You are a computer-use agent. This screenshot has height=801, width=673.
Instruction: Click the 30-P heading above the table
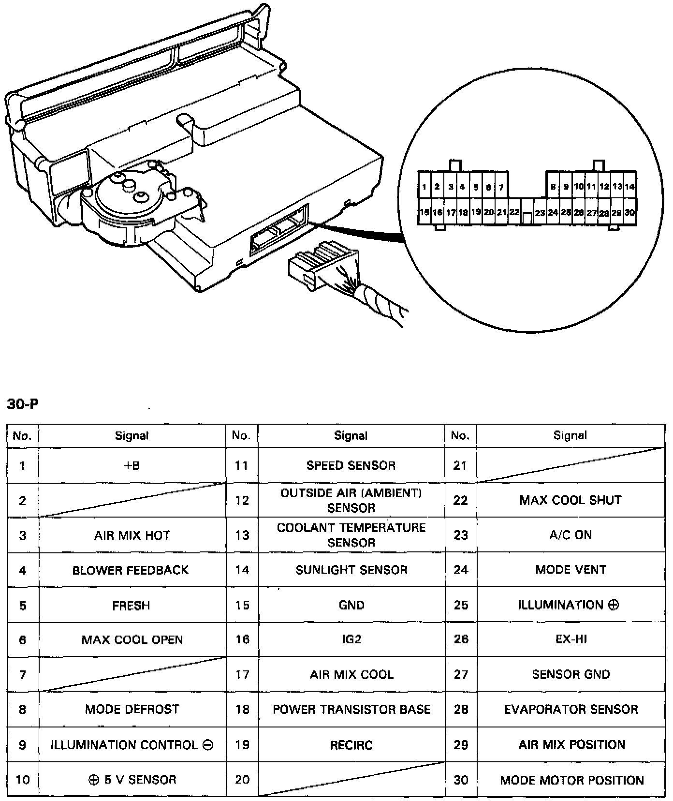22,404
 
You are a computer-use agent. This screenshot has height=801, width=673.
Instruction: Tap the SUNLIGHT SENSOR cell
351,570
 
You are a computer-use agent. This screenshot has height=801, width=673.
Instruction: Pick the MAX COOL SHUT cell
571,500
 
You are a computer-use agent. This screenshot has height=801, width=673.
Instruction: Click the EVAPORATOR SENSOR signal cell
571,709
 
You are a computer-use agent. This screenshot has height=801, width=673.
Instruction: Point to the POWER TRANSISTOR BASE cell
351,709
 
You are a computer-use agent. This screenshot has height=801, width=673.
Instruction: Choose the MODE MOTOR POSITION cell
572,780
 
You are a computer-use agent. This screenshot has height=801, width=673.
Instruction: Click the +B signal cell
132,466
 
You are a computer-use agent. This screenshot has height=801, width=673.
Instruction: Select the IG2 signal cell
351,639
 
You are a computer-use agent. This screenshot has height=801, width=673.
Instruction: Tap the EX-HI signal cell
571,639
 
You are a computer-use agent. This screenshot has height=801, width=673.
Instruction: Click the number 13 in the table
242,535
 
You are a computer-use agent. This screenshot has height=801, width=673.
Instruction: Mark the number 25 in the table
461,605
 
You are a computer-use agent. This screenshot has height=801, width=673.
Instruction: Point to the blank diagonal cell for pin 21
571,465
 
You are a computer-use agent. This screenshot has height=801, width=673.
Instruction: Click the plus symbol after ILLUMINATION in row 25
614,605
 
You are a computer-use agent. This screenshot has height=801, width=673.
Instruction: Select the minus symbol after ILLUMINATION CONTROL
208,745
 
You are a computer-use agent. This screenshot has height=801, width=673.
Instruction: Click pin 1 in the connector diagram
424,187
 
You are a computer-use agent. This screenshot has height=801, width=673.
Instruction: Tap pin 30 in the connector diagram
629,212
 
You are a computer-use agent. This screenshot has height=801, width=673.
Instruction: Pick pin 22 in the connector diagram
514,212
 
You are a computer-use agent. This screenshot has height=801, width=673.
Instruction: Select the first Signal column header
132,436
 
